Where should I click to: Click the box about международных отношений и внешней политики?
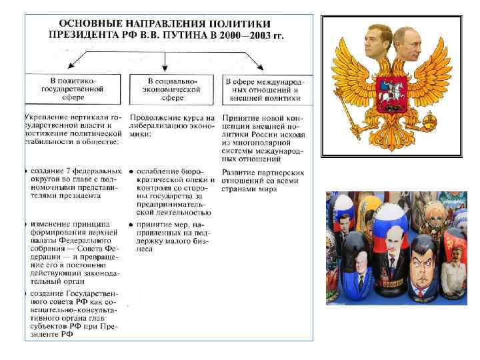point(263,89)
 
